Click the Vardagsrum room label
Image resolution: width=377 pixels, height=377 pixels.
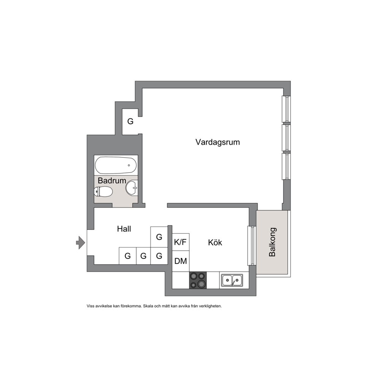pyautogui.click(x=218, y=142)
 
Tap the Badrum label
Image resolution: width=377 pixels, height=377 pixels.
pyautogui.click(x=112, y=181)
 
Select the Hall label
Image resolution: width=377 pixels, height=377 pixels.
pyautogui.click(x=124, y=229)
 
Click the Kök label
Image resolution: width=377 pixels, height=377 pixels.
pyautogui.click(x=215, y=242)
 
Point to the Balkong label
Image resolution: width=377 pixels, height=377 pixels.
pyautogui.click(x=272, y=242)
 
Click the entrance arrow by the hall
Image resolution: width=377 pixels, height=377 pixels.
pyautogui.click(x=81, y=242)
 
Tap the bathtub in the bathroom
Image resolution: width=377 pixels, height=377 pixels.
pyautogui.click(x=116, y=165)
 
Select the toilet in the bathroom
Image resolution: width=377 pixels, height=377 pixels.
pyautogui.click(x=103, y=192)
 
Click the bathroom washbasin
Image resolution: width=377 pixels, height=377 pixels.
pyautogui.click(x=131, y=188)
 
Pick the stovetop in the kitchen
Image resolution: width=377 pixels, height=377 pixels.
pyautogui.click(x=198, y=280)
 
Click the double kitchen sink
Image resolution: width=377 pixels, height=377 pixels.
pyautogui.click(x=232, y=280)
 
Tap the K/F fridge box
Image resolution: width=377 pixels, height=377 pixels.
pyautogui.click(x=181, y=242)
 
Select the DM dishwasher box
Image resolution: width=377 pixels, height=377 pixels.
pyautogui.click(x=181, y=261)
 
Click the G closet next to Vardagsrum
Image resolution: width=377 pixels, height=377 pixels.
pyautogui.click(x=130, y=121)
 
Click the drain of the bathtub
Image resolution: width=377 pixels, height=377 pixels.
pyautogui.click(x=129, y=165)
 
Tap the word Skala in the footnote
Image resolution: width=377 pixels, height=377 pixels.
pyautogui.click(x=147, y=306)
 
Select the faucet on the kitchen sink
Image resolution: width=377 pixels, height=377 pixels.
pyautogui.click(x=233, y=283)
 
